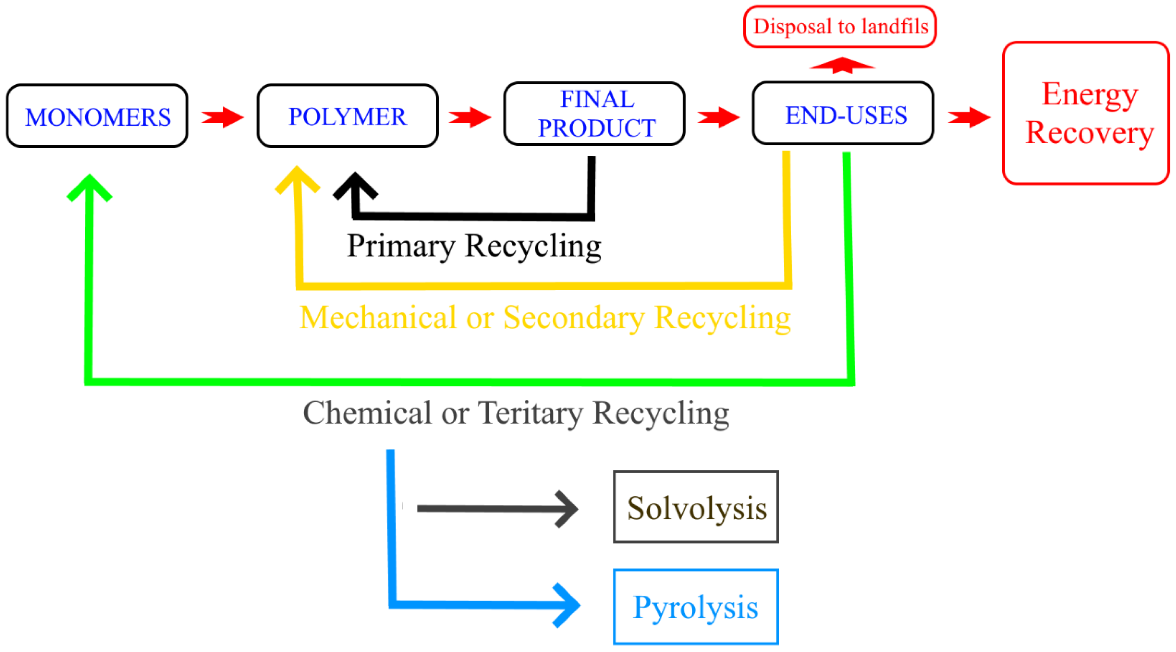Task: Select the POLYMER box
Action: (x=347, y=116)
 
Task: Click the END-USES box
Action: (x=843, y=114)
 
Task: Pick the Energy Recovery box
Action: (x=1085, y=113)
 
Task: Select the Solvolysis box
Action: (x=695, y=507)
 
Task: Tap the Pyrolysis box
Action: (x=695, y=606)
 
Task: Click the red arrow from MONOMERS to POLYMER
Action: (x=223, y=117)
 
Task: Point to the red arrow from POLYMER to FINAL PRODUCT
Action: (x=470, y=117)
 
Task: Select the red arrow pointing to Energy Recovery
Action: (x=969, y=117)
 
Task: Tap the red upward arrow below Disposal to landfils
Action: (x=842, y=65)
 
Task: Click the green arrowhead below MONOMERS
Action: (x=90, y=187)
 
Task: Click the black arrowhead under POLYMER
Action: (x=355, y=186)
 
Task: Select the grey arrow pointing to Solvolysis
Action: (x=497, y=509)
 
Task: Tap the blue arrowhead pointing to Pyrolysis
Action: (x=566, y=605)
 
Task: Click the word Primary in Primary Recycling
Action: (x=400, y=246)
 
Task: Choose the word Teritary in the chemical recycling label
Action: (x=530, y=413)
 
